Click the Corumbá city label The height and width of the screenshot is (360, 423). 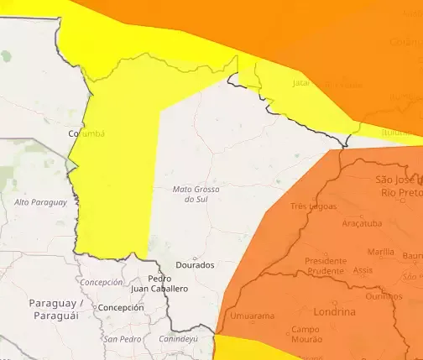coord(86,133)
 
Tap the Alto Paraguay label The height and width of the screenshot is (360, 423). coord(39,202)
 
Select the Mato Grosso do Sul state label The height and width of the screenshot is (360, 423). coord(196,194)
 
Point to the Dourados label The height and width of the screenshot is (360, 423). coord(195,264)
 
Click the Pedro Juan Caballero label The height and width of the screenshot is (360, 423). coord(159,283)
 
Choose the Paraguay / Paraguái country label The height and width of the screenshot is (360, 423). coord(55,308)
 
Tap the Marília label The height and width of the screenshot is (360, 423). coord(381,251)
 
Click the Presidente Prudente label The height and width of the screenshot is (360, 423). coord(325,265)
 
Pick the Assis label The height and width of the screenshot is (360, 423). coord(363,270)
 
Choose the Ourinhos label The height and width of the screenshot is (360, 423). coord(384,295)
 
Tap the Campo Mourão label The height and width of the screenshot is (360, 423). coord(305,334)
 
